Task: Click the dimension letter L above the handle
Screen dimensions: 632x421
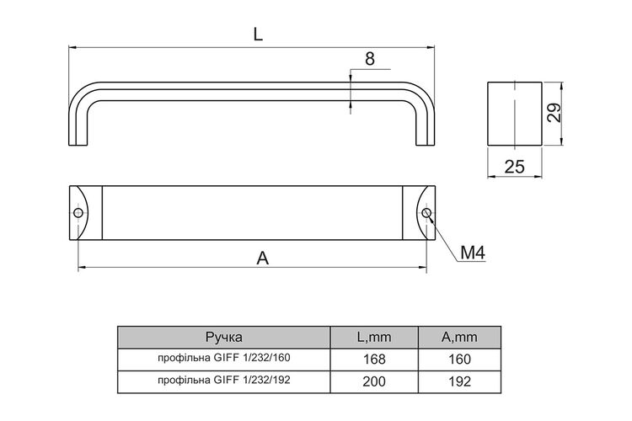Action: pyautogui.click(x=258, y=35)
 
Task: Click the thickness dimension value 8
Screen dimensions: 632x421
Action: pyautogui.click(x=370, y=59)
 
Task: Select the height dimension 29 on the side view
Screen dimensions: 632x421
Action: pyautogui.click(x=554, y=113)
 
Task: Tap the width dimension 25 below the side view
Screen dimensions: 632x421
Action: pyautogui.click(x=515, y=167)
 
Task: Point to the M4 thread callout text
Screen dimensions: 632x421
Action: pyautogui.click(x=473, y=253)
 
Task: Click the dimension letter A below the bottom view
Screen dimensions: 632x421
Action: pyautogui.click(x=262, y=258)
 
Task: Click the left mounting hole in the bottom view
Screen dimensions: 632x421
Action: pyautogui.click(x=78, y=213)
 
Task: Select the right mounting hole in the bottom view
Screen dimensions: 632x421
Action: pyautogui.click(x=426, y=213)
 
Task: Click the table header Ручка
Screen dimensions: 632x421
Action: pyautogui.click(x=224, y=337)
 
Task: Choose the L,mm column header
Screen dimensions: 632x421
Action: pyautogui.click(x=374, y=337)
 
